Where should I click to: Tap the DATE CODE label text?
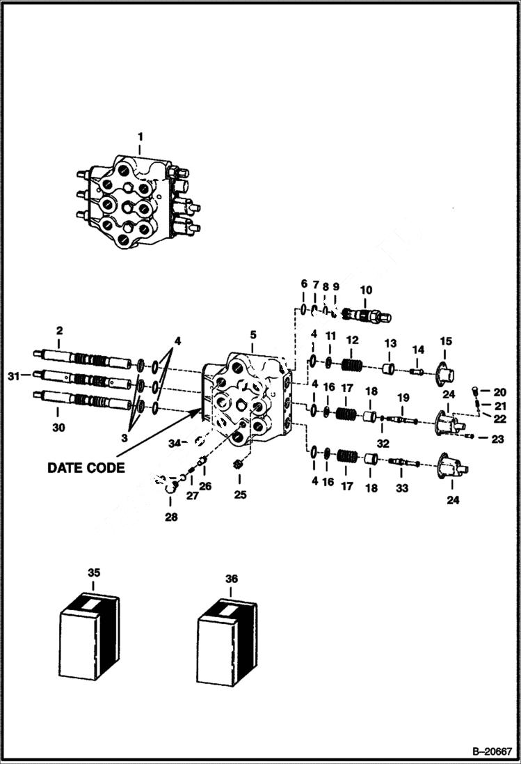click(x=86, y=467)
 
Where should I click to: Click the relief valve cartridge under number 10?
click(x=367, y=316)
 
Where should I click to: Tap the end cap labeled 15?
click(x=447, y=369)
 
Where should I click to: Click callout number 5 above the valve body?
click(x=252, y=336)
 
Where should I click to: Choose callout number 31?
click(x=13, y=376)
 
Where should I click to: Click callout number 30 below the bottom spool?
click(x=59, y=428)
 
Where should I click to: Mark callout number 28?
click(x=171, y=517)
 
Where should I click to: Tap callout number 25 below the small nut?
click(x=239, y=495)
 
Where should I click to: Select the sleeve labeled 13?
click(x=391, y=368)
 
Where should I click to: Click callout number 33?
click(x=402, y=488)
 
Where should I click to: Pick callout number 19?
click(x=403, y=397)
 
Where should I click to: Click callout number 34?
click(x=175, y=442)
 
